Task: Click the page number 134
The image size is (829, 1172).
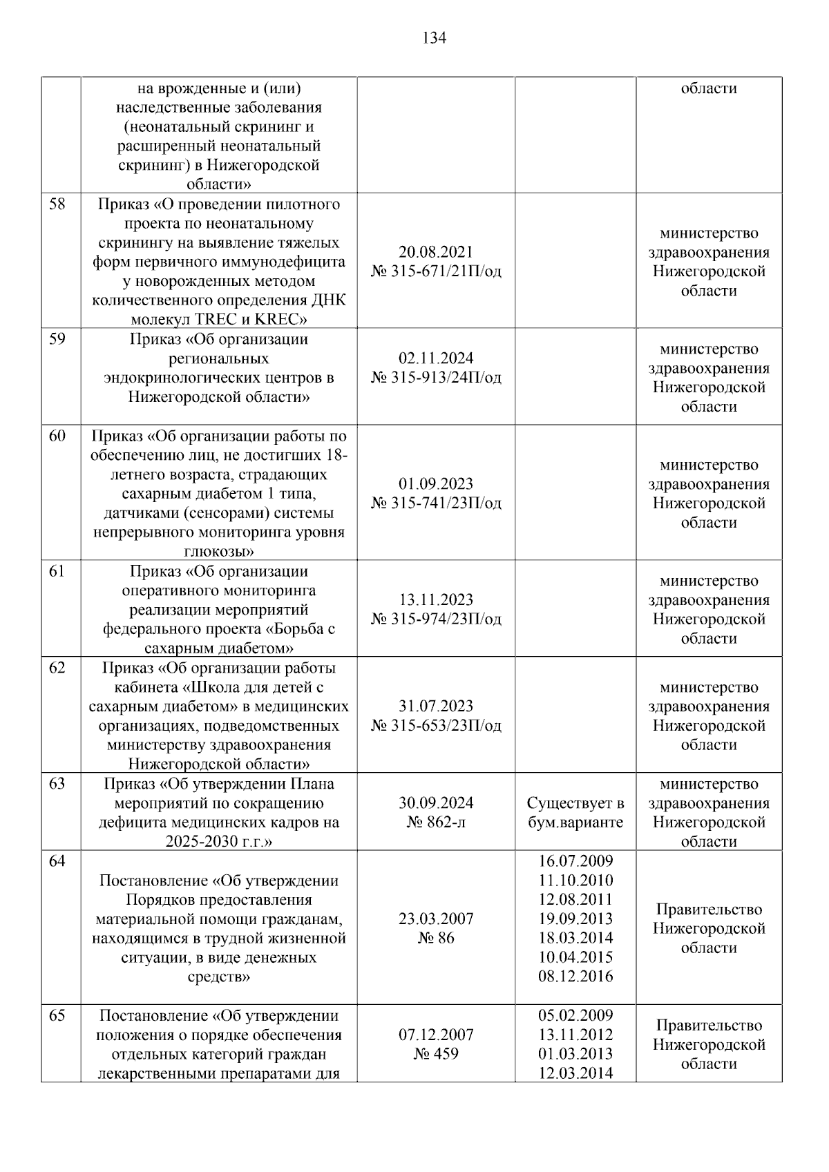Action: point(434,38)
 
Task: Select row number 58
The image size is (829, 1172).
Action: point(57,204)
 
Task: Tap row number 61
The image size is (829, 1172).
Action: point(57,572)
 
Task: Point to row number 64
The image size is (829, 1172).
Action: point(57,861)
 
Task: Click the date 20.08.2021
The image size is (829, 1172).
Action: point(436,252)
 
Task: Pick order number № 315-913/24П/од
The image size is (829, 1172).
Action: point(436,378)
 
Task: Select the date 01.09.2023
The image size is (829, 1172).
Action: point(436,484)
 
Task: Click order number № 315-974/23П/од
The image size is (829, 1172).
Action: point(436,619)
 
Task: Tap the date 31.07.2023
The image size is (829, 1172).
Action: point(436,707)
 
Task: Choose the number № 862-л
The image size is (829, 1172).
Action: point(436,823)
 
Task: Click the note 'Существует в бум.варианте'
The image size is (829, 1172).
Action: point(575,813)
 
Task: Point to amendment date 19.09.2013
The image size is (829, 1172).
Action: point(575,919)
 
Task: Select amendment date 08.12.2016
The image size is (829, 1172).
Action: point(575,977)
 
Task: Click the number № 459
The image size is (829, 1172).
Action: point(436,1054)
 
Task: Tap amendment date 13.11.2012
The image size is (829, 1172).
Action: point(575,1035)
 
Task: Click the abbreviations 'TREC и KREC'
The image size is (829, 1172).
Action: point(255,320)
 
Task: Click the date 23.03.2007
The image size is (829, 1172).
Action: point(436,919)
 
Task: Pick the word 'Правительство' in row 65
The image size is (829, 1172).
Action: point(709,1026)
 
